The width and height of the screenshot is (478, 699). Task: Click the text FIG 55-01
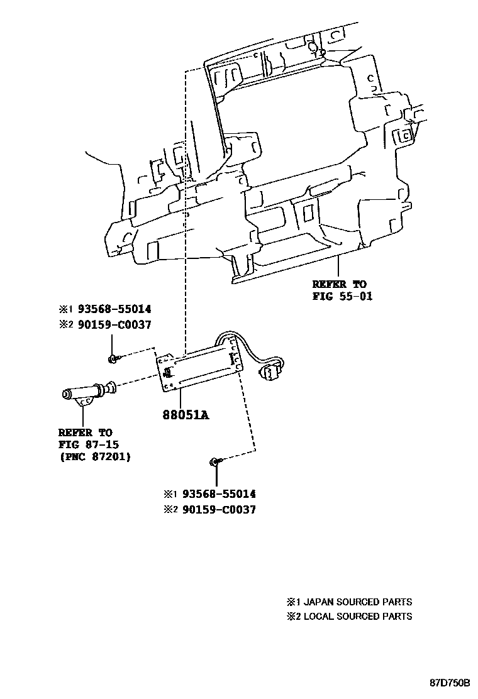(x=342, y=296)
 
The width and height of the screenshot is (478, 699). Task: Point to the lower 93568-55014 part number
(x=218, y=495)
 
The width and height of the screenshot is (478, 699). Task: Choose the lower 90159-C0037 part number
(x=218, y=510)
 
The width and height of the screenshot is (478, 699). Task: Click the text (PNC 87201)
(x=95, y=457)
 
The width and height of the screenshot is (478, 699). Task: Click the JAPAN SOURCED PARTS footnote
(x=357, y=602)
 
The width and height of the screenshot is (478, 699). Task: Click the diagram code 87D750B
(x=450, y=683)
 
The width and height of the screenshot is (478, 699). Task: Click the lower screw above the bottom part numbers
(x=214, y=463)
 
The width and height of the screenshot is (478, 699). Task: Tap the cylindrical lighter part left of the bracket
(x=87, y=393)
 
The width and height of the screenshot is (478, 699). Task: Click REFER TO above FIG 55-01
(x=339, y=285)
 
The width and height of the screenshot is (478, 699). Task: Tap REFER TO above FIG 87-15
(x=85, y=433)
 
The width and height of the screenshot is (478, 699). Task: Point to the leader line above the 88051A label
(x=181, y=399)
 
